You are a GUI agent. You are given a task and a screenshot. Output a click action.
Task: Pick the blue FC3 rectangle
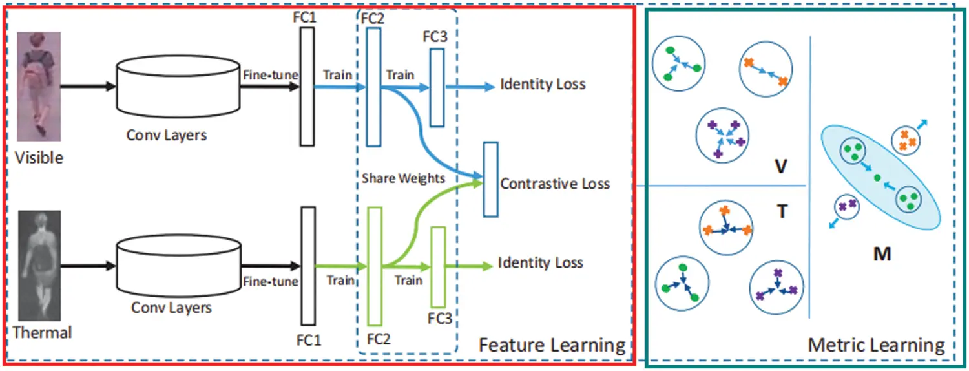tap(437, 87)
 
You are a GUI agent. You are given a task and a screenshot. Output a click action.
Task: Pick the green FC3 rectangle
tap(438, 267)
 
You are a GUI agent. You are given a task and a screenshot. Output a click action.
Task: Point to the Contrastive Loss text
tap(555, 184)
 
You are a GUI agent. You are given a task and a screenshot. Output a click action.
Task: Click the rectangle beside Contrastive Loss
tap(491, 178)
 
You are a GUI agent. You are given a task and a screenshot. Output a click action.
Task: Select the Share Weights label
tap(403, 178)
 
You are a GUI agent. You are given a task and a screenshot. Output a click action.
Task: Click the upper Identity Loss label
tap(543, 84)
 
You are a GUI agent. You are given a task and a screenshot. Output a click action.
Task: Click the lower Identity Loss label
tap(540, 263)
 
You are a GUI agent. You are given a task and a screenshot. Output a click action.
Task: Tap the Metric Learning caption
tap(875, 345)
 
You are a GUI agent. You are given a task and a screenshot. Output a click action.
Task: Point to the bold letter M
tap(882, 254)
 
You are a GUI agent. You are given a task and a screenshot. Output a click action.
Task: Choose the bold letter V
tap(780, 167)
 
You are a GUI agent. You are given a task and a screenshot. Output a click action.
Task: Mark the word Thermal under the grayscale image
tap(42, 333)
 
